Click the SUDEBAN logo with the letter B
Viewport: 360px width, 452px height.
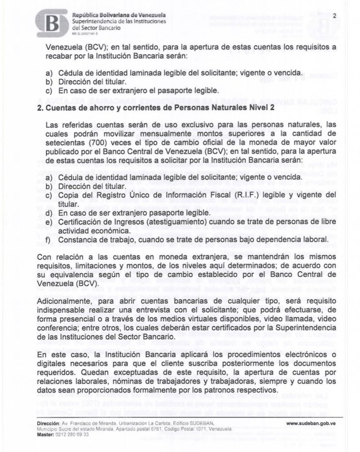point(52,23)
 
